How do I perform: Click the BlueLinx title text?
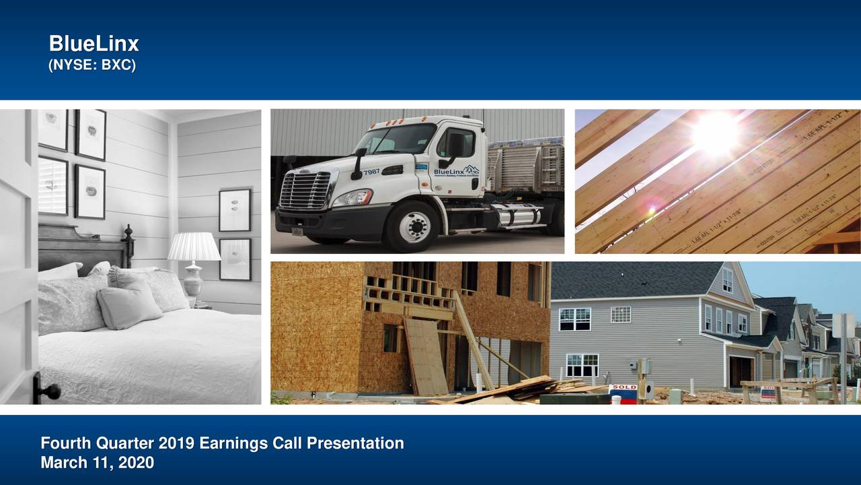(93, 44)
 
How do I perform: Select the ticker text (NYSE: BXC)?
(91, 66)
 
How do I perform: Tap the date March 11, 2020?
(97, 463)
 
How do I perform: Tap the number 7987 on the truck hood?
(371, 172)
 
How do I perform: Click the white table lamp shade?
(194, 247)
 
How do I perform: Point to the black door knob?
(47, 390)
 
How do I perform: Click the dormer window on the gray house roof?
(727, 280)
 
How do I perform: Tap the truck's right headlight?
(352, 197)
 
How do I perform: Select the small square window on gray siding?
(620, 315)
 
